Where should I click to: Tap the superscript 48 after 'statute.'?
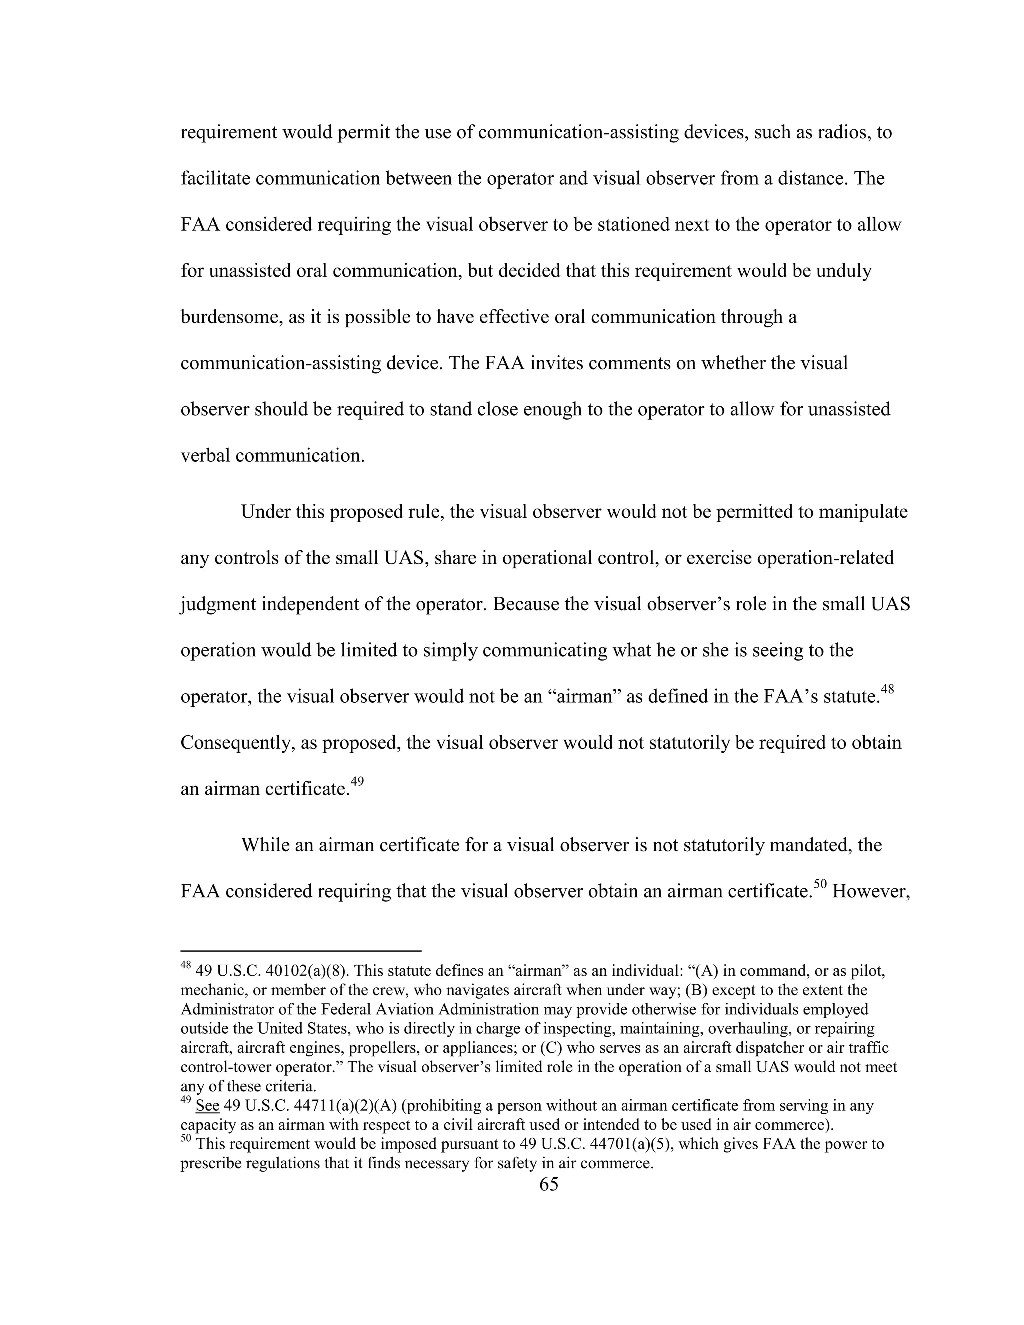click(x=887, y=689)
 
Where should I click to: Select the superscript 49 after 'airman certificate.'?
click(x=357, y=781)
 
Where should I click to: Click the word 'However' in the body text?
click(x=871, y=892)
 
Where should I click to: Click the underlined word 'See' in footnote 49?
click(x=207, y=1106)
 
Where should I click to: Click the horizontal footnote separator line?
click(x=301, y=951)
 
